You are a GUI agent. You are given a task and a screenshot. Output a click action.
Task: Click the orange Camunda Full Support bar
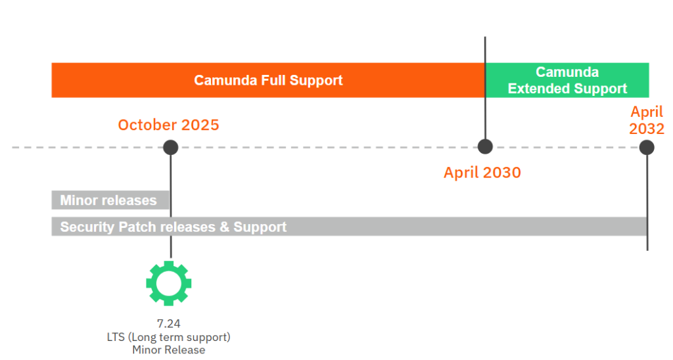pos(268,80)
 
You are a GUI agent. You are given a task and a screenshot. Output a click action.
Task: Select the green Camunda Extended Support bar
pos(567,80)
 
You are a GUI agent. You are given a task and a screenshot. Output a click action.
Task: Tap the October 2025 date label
pos(169,125)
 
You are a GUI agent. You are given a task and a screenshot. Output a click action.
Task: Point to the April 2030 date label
pos(482,173)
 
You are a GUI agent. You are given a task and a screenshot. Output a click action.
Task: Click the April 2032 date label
pos(647,120)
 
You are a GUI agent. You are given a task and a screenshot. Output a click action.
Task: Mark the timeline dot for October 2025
pos(171,147)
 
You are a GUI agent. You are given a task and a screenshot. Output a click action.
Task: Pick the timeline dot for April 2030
pos(486,146)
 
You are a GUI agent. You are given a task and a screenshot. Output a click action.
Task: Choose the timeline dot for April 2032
pos(647,148)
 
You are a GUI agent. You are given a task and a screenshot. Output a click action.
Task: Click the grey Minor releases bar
pos(110,200)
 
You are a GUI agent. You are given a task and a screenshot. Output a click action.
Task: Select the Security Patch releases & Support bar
pos(350,227)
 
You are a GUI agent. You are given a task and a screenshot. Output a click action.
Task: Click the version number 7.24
pos(169,323)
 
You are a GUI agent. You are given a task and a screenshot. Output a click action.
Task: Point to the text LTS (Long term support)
pos(169,337)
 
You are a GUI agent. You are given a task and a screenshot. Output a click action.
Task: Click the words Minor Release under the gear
pos(169,349)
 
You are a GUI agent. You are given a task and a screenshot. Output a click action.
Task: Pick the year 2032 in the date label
pos(647,129)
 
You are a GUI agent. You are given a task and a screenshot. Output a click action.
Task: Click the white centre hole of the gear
pos(169,284)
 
